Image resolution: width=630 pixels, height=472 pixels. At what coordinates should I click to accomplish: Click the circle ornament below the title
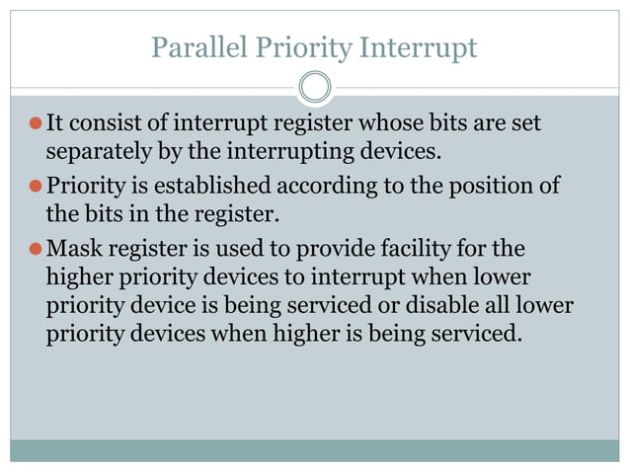[x=315, y=88]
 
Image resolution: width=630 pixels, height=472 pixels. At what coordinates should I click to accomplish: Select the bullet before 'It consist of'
[x=35, y=124]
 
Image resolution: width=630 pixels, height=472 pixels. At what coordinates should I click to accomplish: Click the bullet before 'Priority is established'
[x=35, y=186]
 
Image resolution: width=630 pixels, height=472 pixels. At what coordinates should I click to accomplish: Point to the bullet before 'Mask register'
[x=35, y=247]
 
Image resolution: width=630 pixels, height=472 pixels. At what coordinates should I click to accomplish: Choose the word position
[x=486, y=185]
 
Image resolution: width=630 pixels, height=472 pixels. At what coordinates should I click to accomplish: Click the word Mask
[x=70, y=246]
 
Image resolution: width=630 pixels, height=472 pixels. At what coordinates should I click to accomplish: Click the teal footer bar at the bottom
[x=315, y=450]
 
